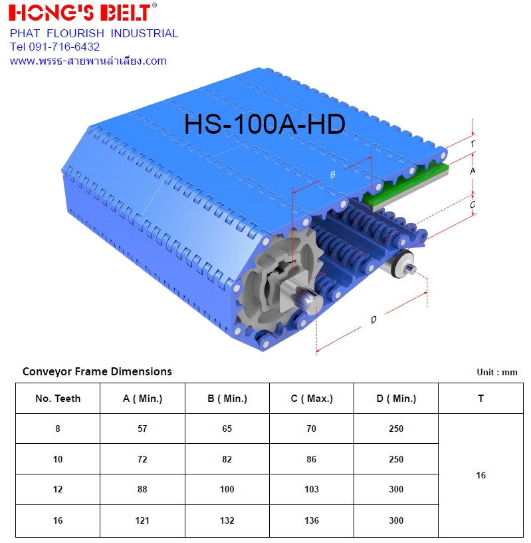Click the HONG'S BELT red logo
click(82, 13)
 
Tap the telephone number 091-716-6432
click(64, 47)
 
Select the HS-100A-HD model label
click(265, 124)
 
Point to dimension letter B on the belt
click(332, 174)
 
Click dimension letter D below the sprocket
click(373, 319)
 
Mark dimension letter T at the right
click(473, 143)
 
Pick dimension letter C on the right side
click(473, 205)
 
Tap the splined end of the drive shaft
click(306, 300)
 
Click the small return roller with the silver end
click(402, 264)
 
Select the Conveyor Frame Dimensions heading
click(97, 371)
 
